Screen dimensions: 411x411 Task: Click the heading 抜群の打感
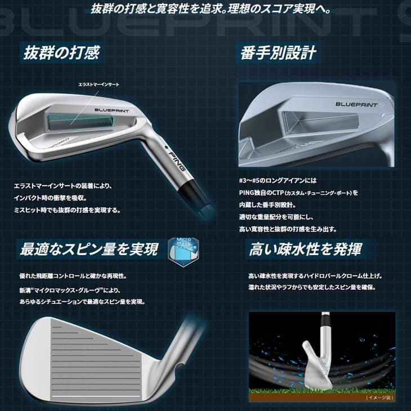(x=61, y=52)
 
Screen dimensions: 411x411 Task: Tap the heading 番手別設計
(x=278, y=52)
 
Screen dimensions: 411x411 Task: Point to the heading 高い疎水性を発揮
(x=306, y=248)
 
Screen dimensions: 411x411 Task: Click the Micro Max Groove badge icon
(x=183, y=250)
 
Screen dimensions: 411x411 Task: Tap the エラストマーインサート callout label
(x=99, y=84)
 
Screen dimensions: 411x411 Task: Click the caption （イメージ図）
(x=380, y=397)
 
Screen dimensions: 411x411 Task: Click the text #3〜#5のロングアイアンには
(x=278, y=181)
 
